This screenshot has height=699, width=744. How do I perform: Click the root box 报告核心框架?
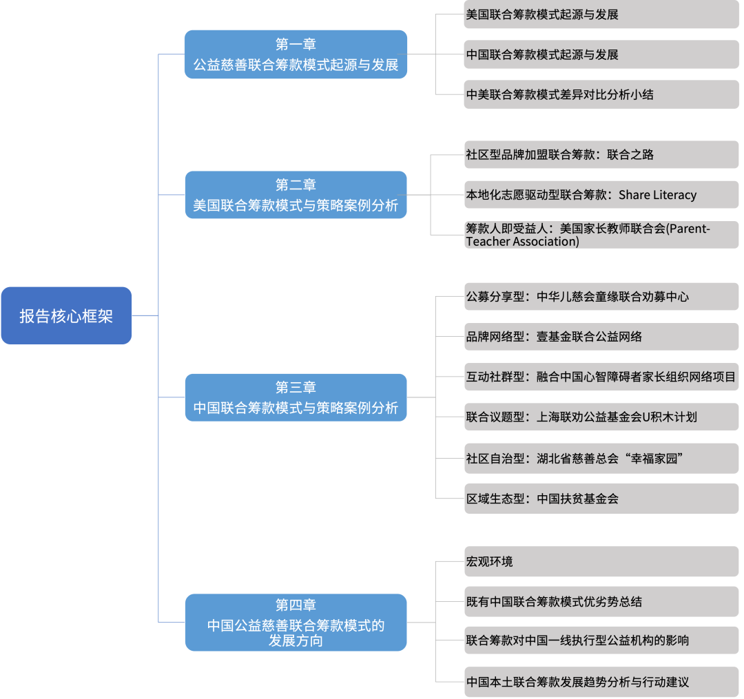(x=66, y=316)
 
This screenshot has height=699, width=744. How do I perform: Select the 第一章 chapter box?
(x=296, y=54)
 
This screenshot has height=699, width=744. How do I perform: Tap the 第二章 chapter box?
(x=296, y=195)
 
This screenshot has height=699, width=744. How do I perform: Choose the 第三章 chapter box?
(x=296, y=397)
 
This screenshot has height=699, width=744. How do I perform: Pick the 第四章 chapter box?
(x=296, y=623)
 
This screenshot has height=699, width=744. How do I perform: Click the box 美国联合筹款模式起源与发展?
(x=601, y=14)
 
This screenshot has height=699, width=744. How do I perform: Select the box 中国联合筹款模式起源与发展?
(x=601, y=54)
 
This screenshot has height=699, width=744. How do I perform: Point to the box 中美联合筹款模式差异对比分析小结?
(x=601, y=94)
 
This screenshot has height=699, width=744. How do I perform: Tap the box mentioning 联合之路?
(x=601, y=155)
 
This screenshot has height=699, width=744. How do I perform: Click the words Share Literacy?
(x=657, y=195)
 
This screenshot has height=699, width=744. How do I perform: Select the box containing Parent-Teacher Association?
(x=601, y=235)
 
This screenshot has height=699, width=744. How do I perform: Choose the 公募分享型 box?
(x=601, y=297)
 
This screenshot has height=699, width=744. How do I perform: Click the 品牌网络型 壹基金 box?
(x=601, y=337)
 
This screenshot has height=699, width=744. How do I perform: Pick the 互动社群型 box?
(x=601, y=377)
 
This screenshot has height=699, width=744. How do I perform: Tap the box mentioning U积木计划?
(x=601, y=417)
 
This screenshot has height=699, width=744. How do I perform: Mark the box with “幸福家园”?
(x=601, y=459)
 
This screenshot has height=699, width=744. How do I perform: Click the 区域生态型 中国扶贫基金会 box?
(x=601, y=499)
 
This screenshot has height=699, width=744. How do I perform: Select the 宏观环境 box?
(x=601, y=561)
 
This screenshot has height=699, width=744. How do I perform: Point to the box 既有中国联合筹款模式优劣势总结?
(x=601, y=601)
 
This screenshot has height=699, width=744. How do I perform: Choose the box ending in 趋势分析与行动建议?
(x=601, y=682)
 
